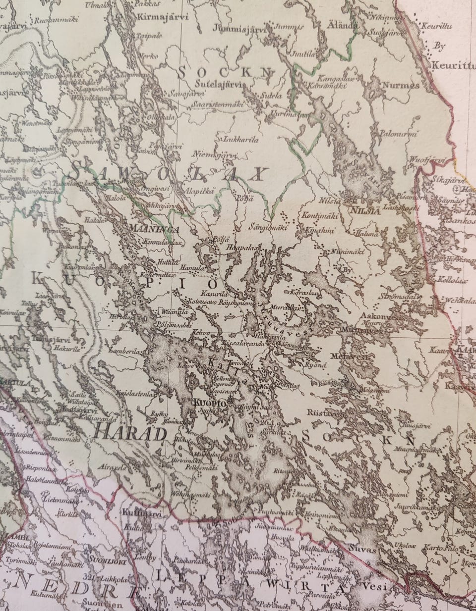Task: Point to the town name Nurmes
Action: pos(401,85)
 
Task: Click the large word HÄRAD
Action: pos(129,434)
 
